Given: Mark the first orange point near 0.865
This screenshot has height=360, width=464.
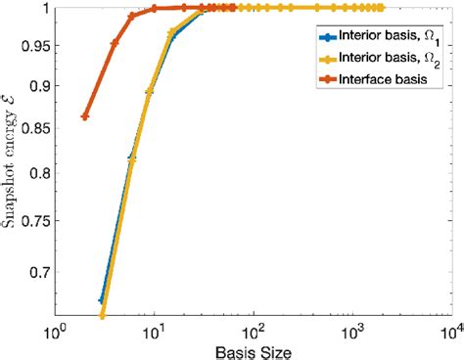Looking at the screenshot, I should (85, 116).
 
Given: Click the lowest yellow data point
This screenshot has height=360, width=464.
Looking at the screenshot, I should (103, 315).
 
